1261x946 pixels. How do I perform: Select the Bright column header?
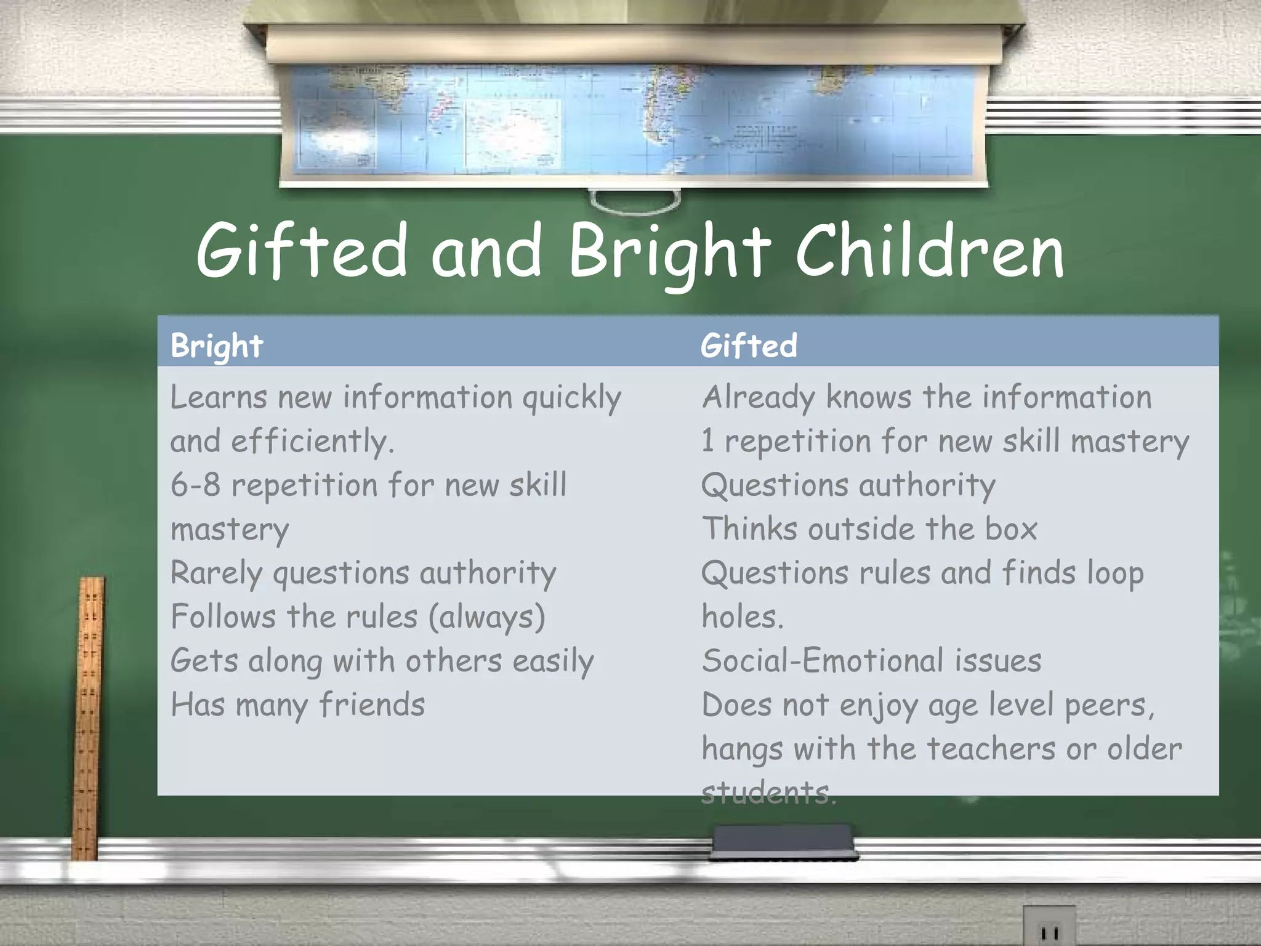point(217,346)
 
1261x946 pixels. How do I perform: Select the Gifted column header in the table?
point(749,346)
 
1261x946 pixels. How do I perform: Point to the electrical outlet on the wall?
point(1049,928)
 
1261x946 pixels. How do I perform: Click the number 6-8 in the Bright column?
point(195,485)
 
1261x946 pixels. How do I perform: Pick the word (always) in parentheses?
point(486,617)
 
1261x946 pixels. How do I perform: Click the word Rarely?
point(217,573)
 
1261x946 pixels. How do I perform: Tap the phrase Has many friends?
point(297,705)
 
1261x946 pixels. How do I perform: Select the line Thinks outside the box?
point(869,529)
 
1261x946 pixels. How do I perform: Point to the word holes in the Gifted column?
point(742,617)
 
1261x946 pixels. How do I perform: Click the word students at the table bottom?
point(768,793)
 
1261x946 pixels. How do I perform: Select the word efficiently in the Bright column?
point(312,442)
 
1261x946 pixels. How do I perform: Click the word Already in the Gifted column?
point(759,398)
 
